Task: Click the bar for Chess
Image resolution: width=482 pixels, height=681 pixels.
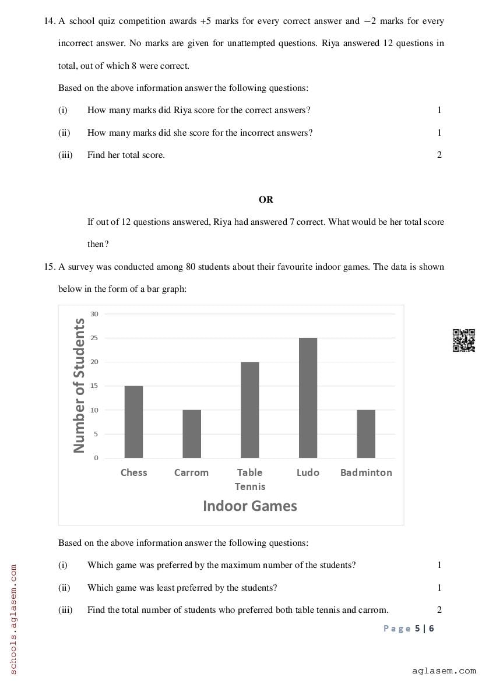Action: point(133,422)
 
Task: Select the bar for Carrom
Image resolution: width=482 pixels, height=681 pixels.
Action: point(192,434)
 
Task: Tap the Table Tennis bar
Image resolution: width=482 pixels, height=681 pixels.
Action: point(250,410)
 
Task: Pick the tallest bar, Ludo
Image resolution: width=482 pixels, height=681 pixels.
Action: point(308,398)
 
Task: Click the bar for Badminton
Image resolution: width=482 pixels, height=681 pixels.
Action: point(366,434)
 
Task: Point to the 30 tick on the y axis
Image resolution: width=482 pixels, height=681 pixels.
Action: point(94,314)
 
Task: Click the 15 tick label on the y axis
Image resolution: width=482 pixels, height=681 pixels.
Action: point(94,386)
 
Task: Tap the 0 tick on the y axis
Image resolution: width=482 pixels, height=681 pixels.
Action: point(96,458)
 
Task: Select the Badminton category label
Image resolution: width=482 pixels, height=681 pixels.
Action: point(366,472)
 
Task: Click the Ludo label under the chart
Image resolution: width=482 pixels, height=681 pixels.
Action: point(308,472)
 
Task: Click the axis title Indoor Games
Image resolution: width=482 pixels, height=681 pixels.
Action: point(249,506)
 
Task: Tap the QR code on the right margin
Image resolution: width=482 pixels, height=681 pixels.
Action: point(463,341)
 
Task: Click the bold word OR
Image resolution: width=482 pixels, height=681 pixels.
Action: point(266,199)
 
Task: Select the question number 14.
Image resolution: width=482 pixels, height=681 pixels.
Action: point(49,21)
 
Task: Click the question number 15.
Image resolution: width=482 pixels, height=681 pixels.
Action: point(49,267)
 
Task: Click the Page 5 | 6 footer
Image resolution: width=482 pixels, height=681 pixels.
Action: point(409,628)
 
